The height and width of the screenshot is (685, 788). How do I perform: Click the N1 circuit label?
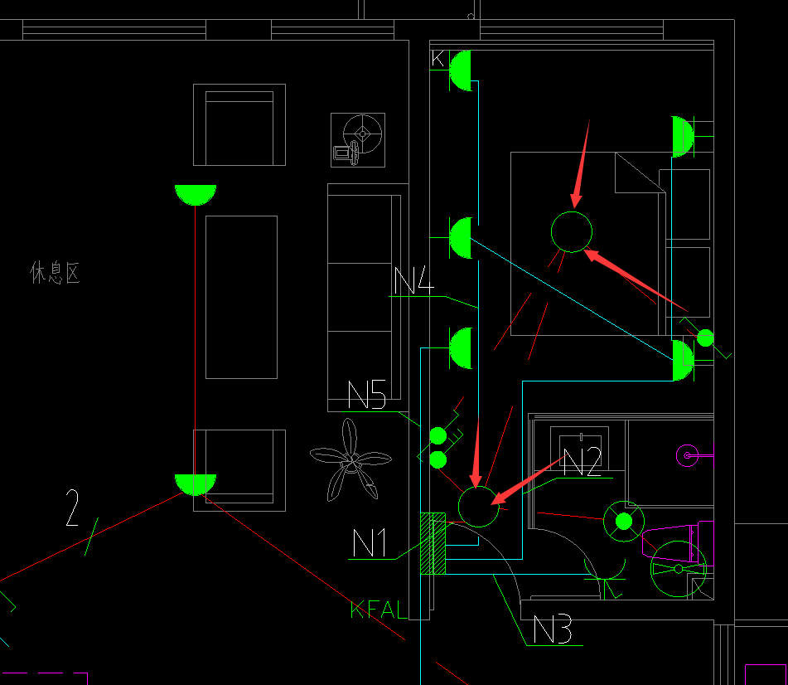370,544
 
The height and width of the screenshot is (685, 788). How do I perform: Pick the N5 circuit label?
366,396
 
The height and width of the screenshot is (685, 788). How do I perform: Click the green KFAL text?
379,611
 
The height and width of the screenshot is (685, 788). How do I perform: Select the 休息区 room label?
56,273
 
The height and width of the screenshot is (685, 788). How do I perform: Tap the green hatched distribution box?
433,543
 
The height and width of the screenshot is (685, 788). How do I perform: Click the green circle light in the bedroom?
572,231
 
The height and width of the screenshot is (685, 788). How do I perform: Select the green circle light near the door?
478,506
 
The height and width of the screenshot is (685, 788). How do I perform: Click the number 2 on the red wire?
73,508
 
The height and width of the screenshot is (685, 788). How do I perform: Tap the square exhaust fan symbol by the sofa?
358,139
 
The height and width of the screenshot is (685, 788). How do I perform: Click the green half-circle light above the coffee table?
196,194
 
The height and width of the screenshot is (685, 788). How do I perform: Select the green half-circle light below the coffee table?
196,483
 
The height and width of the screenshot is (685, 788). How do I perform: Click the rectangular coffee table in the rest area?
241,297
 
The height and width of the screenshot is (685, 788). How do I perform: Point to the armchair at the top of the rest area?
239,124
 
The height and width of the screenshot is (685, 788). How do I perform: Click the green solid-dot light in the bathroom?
624,521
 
